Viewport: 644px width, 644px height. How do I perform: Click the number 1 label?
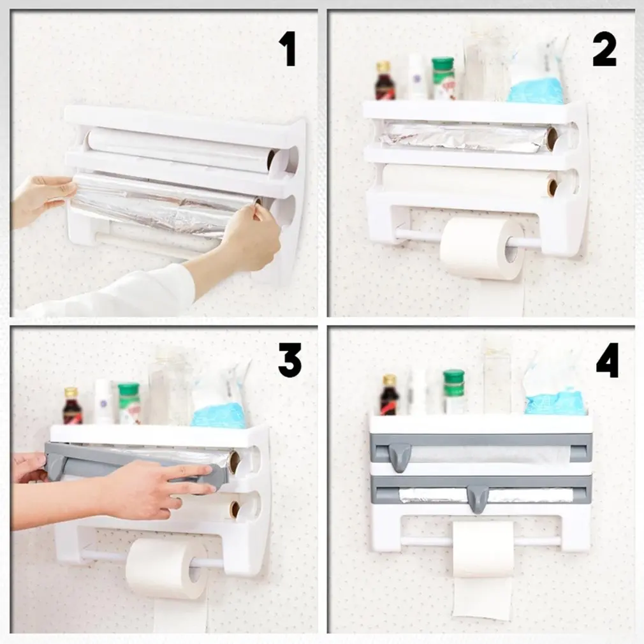[289, 48]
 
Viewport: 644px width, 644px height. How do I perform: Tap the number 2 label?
[604, 48]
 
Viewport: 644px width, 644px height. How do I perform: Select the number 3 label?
[290, 360]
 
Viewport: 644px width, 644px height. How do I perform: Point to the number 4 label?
[608, 360]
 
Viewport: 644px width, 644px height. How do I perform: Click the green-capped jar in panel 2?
[443, 78]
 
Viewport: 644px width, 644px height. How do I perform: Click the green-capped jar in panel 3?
[129, 404]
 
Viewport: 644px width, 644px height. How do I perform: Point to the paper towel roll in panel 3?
[167, 567]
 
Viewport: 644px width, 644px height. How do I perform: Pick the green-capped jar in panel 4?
[454, 392]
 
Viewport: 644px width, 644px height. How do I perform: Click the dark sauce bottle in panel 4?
[388, 395]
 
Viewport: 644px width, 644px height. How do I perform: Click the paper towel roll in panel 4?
[483, 549]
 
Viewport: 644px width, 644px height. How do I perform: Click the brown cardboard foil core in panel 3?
[235, 462]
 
